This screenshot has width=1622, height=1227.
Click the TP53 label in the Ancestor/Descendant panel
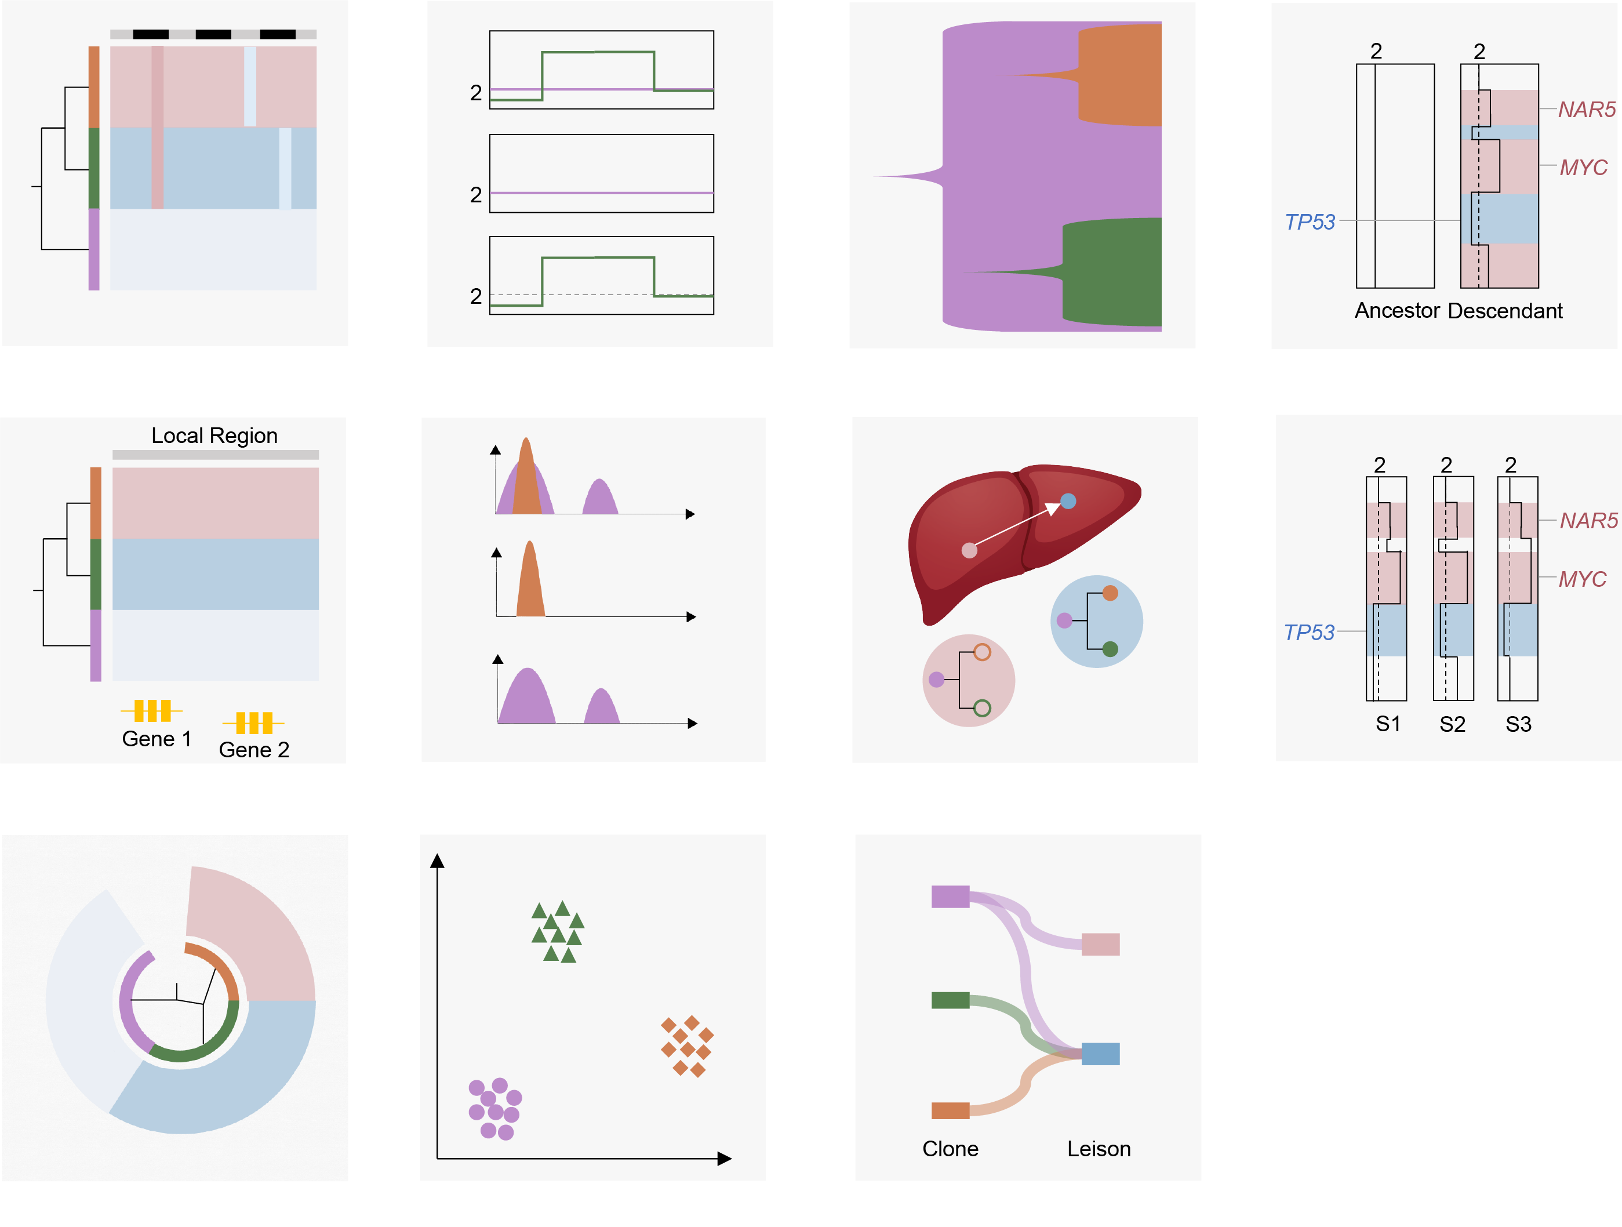point(1310,222)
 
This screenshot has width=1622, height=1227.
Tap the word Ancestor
point(1398,311)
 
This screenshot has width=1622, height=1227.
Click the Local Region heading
point(214,435)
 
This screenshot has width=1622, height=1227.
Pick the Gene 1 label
point(157,739)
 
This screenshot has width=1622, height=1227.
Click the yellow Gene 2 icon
point(254,723)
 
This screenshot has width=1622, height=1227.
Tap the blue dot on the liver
point(1068,501)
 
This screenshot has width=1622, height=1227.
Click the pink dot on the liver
point(969,550)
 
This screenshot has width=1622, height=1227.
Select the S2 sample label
point(1452,725)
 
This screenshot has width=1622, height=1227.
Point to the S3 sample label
point(1518,725)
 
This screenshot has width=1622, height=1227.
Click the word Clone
point(950,1149)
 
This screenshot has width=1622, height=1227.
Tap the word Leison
point(1099,1149)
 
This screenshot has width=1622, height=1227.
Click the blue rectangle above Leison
point(1100,1054)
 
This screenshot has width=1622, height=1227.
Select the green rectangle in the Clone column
point(950,1000)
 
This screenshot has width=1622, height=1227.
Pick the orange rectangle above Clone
point(950,1110)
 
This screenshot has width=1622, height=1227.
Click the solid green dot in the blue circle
point(1110,649)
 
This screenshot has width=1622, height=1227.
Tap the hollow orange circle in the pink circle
point(983,652)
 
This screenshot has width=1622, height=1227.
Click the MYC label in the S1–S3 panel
point(1583,579)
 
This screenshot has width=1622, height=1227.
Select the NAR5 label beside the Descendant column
point(1587,110)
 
